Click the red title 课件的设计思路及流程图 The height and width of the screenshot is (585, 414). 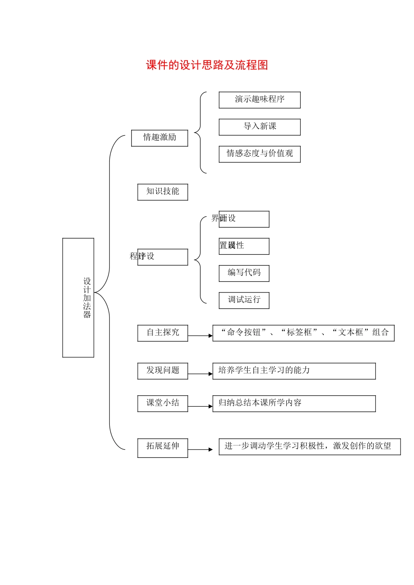pyautogui.click(x=207, y=65)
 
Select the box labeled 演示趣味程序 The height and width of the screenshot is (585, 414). pyautogui.click(x=259, y=100)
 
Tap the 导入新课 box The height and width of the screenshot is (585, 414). pyautogui.click(x=259, y=127)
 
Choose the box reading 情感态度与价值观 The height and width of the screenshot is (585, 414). pyautogui.click(x=259, y=154)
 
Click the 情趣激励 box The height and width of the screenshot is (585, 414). pyautogui.click(x=159, y=138)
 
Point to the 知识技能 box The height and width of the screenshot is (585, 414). pyautogui.click(x=163, y=192)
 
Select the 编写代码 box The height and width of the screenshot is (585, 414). pyautogui.click(x=244, y=273)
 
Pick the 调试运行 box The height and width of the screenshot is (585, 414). pyautogui.click(x=244, y=300)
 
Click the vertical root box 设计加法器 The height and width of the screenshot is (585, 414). pyautogui.click(x=78, y=298)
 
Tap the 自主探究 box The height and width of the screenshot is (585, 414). pyautogui.click(x=163, y=333)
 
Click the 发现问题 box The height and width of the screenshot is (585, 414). pyautogui.click(x=163, y=370)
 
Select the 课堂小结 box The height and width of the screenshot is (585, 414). pyautogui.click(x=163, y=403)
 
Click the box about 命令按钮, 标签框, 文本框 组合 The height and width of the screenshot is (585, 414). pyautogui.click(x=303, y=333)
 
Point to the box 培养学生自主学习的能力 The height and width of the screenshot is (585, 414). pyautogui.click(x=294, y=371)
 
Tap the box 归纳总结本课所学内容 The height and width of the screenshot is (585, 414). pyautogui.click(x=294, y=403)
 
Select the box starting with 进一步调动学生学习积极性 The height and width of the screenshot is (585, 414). pyautogui.click(x=309, y=447)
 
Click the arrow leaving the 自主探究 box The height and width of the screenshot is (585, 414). pyautogui.click(x=200, y=336)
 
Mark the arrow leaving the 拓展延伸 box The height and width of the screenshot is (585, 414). pyautogui.click(x=200, y=450)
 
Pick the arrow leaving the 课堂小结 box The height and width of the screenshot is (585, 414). pyautogui.click(x=200, y=407)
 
